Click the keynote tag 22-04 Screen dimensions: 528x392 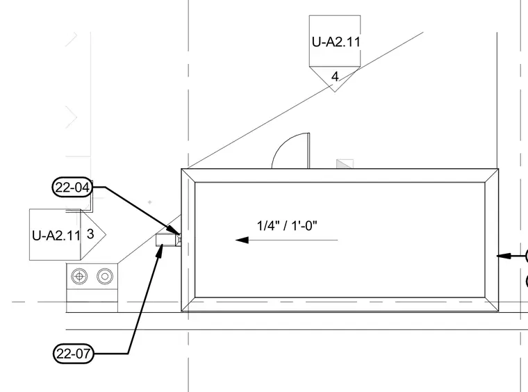click(72, 187)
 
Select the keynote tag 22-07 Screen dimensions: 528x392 click(74, 354)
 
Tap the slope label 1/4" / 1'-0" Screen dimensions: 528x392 click(287, 225)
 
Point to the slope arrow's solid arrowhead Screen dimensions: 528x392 click(242, 240)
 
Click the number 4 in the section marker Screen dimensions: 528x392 click(335, 76)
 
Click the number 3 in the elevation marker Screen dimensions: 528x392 click(90, 234)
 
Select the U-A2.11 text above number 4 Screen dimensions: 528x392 click(336, 42)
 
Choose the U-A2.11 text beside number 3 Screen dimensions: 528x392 click(56, 236)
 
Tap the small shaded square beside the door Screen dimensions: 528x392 click(345, 164)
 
